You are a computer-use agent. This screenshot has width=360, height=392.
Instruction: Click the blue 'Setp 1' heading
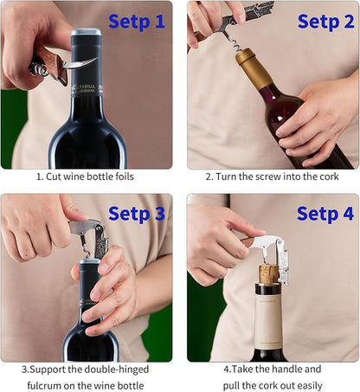tap(137, 22)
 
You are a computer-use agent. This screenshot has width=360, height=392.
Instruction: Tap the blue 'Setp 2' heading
tap(325, 22)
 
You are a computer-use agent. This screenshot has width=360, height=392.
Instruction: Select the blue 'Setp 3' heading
tap(137, 214)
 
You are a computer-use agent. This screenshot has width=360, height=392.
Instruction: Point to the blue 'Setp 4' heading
tap(325, 214)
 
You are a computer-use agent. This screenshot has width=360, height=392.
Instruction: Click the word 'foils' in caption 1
tap(125, 177)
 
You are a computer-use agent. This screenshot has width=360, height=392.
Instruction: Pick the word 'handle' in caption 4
tap(286, 369)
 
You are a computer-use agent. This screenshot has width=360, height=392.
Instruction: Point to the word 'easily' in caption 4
tap(310, 386)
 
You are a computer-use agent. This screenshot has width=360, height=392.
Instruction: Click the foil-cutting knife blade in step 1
tap(80, 63)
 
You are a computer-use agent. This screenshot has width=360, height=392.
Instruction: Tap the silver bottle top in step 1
tap(87, 32)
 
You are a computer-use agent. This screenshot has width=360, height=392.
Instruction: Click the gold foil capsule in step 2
tap(253, 68)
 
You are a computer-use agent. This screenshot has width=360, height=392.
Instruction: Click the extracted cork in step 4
tap(268, 274)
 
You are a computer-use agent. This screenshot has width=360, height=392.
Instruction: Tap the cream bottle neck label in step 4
tap(268, 318)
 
